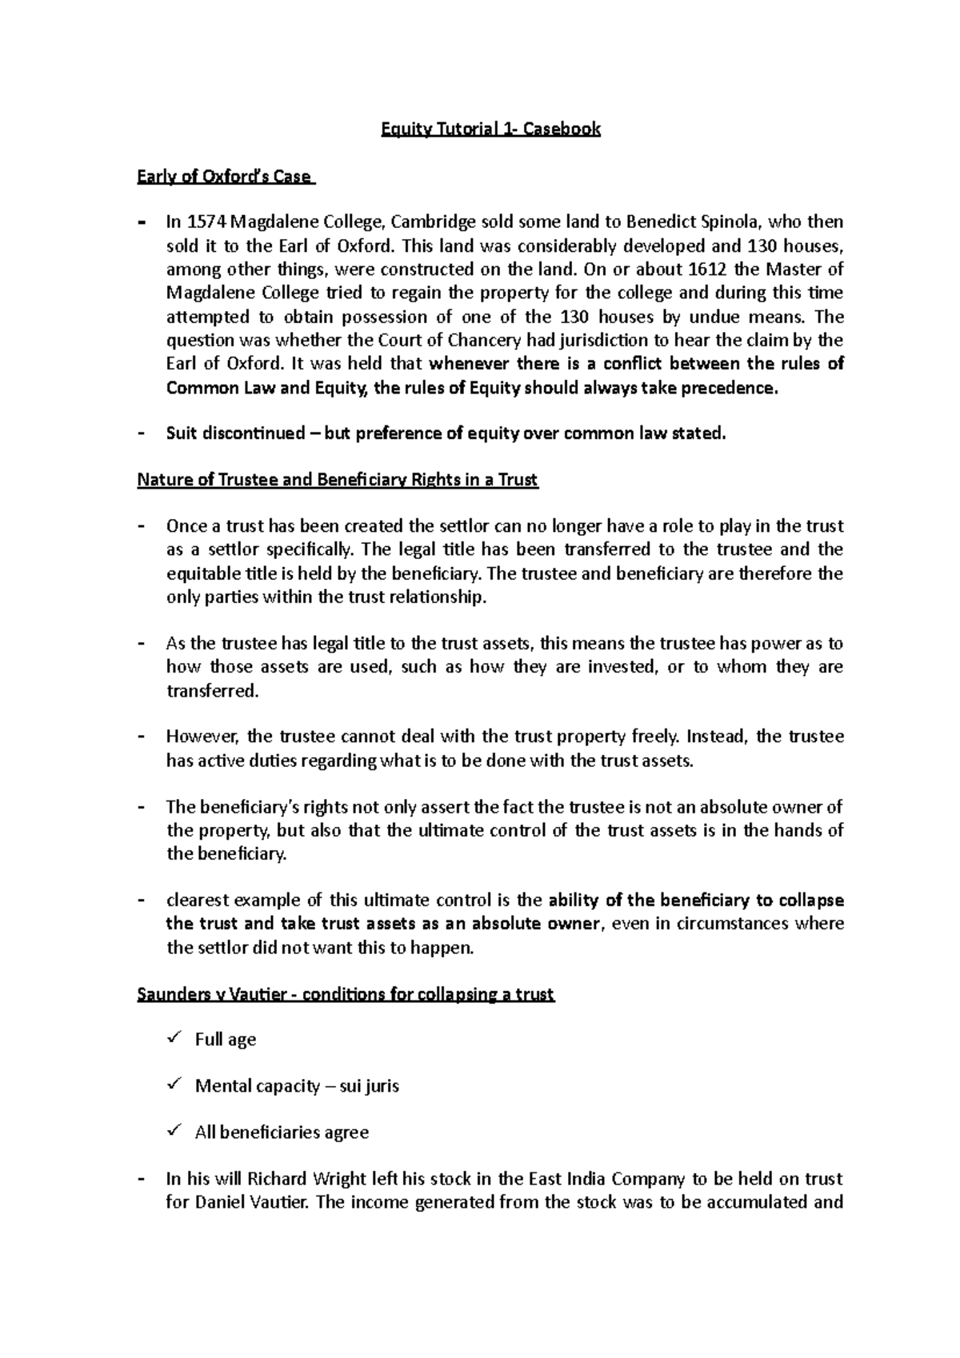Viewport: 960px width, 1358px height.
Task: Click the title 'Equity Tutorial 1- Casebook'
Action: coord(490,129)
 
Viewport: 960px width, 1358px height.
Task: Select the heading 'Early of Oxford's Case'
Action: coord(226,176)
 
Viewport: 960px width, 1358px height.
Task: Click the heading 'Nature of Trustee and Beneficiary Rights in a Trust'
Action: coord(338,480)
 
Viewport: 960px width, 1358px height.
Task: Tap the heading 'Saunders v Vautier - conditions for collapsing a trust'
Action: coord(346,995)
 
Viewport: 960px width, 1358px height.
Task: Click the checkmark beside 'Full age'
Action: coord(174,1038)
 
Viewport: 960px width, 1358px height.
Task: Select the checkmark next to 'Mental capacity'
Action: coord(174,1084)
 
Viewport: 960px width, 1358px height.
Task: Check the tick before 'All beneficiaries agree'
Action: coord(174,1131)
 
